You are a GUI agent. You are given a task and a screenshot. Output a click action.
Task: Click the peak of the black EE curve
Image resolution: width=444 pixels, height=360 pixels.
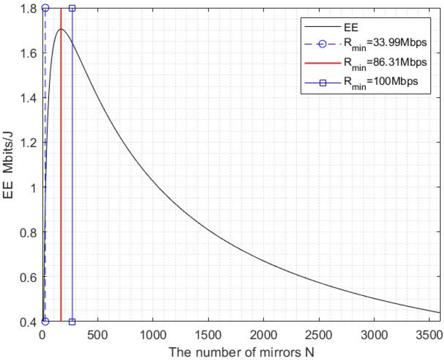pyautogui.click(x=61, y=29)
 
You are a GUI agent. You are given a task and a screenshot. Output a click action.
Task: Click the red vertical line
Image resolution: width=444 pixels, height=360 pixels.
pyautogui.click(x=61, y=175)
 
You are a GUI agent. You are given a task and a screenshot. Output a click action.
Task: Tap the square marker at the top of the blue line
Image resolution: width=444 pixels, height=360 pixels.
pyautogui.click(x=72, y=8)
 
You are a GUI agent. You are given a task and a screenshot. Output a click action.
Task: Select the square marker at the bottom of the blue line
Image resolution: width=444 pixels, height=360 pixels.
pyautogui.click(x=72, y=321)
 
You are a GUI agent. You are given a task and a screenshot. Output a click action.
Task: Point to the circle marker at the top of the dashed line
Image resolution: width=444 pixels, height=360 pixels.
pyautogui.click(x=45, y=8)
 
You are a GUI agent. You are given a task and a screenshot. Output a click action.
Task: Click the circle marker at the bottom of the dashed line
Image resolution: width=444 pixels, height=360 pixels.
pyautogui.click(x=45, y=321)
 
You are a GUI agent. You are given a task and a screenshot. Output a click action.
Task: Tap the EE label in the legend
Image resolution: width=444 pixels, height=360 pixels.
pyautogui.click(x=351, y=27)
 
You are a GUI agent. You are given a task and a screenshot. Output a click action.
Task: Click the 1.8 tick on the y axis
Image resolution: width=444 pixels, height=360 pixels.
pyautogui.click(x=28, y=8)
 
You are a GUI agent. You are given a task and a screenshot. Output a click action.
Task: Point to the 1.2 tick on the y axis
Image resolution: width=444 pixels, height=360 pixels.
pyautogui.click(x=28, y=143)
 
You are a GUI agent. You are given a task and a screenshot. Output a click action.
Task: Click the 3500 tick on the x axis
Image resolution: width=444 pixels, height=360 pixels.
pyautogui.click(x=429, y=335)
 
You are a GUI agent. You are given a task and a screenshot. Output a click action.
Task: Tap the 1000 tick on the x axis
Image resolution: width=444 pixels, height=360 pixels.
pyautogui.click(x=153, y=335)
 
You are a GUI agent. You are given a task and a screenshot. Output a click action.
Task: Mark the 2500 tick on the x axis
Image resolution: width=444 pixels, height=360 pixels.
pyautogui.click(x=319, y=335)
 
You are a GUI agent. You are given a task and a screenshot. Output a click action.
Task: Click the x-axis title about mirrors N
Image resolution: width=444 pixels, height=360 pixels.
pyautogui.click(x=241, y=352)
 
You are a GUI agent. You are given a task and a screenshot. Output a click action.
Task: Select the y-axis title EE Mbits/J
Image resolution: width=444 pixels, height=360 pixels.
pyautogui.click(x=8, y=165)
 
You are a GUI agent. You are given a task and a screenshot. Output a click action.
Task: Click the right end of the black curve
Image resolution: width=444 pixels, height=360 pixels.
pyautogui.click(x=439, y=312)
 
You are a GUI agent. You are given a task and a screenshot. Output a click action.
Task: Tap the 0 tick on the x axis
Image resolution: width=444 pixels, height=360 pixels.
pyautogui.click(x=42, y=335)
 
